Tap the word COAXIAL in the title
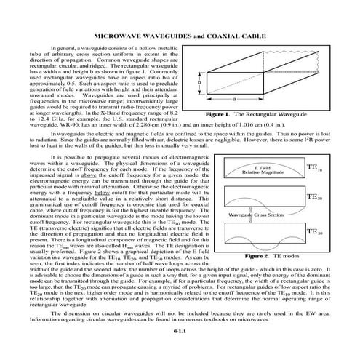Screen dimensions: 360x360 point(230,34)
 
